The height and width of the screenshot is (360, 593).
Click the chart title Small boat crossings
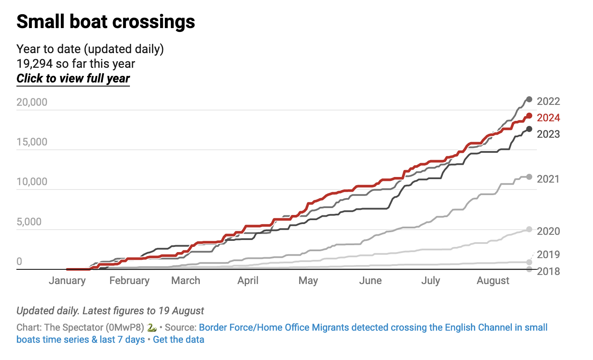click(x=106, y=22)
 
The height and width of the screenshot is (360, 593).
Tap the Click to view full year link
click(x=73, y=79)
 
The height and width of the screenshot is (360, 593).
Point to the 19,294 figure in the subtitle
click(x=35, y=64)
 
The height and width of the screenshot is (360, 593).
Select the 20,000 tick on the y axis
click(x=32, y=102)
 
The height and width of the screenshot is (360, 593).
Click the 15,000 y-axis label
click(x=32, y=142)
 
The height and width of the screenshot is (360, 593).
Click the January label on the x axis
click(x=67, y=281)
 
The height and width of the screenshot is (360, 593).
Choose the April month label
click(x=248, y=281)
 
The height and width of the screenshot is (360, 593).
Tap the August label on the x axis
click(x=493, y=281)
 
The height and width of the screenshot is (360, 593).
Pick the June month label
click(x=370, y=281)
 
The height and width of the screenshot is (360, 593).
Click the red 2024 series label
click(x=548, y=118)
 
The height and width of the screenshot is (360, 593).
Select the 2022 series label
click(x=548, y=101)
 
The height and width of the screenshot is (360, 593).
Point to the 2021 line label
click(x=548, y=179)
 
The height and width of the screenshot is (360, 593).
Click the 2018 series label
click(x=548, y=272)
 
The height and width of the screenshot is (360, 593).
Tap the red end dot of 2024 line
click(x=529, y=116)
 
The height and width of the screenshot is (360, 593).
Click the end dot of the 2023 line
click(x=529, y=129)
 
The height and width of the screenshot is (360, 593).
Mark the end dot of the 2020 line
click(x=529, y=229)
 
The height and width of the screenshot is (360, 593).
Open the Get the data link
click(x=178, y=339)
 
